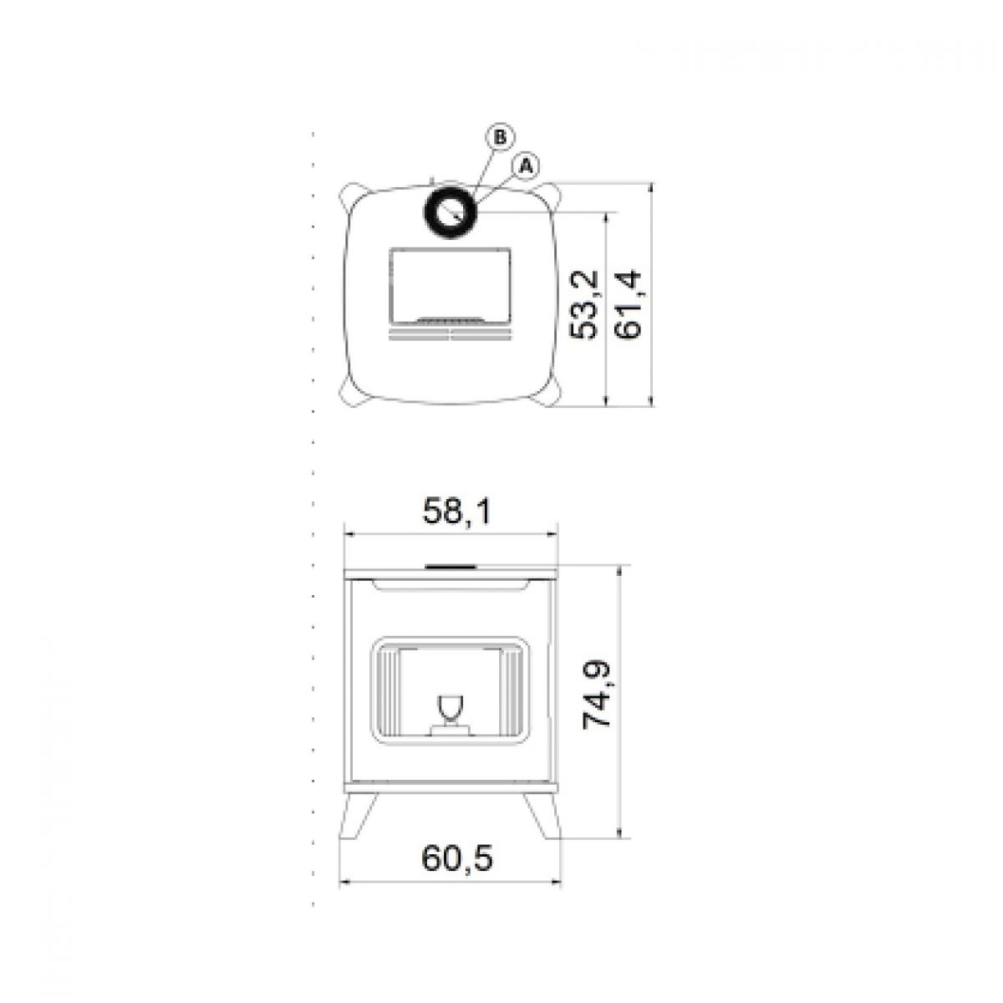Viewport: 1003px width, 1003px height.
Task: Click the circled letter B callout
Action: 499,137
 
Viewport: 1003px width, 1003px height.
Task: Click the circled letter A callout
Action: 527,166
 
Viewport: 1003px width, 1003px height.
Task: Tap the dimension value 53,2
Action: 583,305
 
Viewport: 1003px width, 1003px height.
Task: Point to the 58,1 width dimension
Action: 457,512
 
